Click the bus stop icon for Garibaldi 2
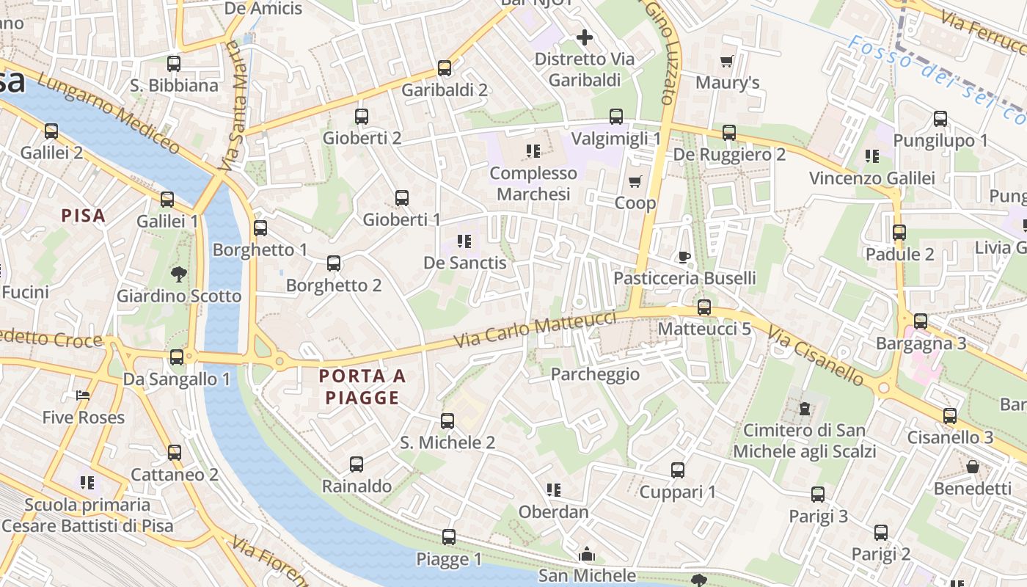[444, 68]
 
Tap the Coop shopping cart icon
[635, 181]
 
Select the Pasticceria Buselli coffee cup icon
[684, 256]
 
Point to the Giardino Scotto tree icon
[178, 274]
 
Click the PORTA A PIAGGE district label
[362, 387]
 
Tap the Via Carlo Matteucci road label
[535, 329]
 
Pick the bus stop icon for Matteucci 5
[704, 307]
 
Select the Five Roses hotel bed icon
[83, 395]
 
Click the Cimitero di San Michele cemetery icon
[805, 408]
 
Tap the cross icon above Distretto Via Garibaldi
[585, 37]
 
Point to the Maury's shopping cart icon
[727, 61]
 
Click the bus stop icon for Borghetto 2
[334, 263]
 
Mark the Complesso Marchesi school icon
[533, 151]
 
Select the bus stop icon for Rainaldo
[357, 464]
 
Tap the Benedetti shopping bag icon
[973, 467]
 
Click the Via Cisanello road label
[816, 356]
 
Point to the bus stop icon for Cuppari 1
[678, 470]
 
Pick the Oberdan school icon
[554, 489]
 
